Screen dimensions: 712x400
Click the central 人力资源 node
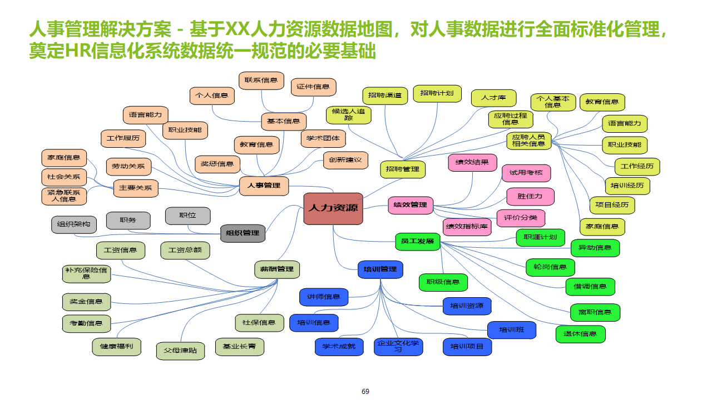point(333,208)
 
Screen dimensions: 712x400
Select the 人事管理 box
point(264,186)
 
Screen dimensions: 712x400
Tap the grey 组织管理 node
point(243,233)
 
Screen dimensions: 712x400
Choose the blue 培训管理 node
point(380,269)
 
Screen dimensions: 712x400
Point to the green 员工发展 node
point(417,241)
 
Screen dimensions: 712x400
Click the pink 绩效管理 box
point(410,205)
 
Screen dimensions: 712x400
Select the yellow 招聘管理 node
point(403,169)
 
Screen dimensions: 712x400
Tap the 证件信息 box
point(313,87)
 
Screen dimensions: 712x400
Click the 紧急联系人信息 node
point(64,196)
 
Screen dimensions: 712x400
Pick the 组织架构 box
point(74,224)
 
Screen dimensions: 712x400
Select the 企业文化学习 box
point(398,347)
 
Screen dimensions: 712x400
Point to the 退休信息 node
point(580,334)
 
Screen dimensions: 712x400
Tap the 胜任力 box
point(530,196)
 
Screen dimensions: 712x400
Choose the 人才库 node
point(493,98)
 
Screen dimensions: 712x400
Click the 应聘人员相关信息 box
point(528,141)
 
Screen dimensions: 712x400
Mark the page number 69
point(365,391)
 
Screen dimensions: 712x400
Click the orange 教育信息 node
point(256,144)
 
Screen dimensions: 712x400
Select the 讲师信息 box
point(324,297)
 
